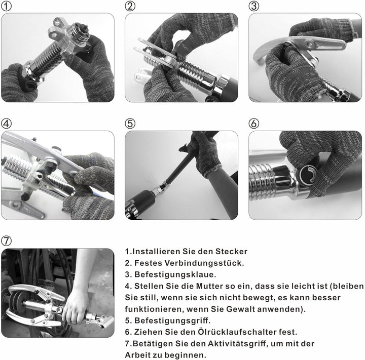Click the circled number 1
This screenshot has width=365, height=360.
coord(6,6)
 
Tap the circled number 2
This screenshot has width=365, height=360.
coord(130,6)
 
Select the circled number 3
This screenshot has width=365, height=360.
coord(254,6)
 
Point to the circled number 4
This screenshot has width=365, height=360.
coord(6,124)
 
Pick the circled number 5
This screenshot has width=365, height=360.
coord(130,124)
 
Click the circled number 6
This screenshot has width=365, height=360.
coord(254,124)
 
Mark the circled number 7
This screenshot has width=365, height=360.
coord(6,241)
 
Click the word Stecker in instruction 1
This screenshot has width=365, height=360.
coord(231,252)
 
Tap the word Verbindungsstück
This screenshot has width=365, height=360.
coord(204,263)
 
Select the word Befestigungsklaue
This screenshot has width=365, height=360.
coord(175,274)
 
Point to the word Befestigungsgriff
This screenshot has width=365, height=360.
coord(172,321)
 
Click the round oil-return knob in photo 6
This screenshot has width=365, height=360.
coord(308,174)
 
